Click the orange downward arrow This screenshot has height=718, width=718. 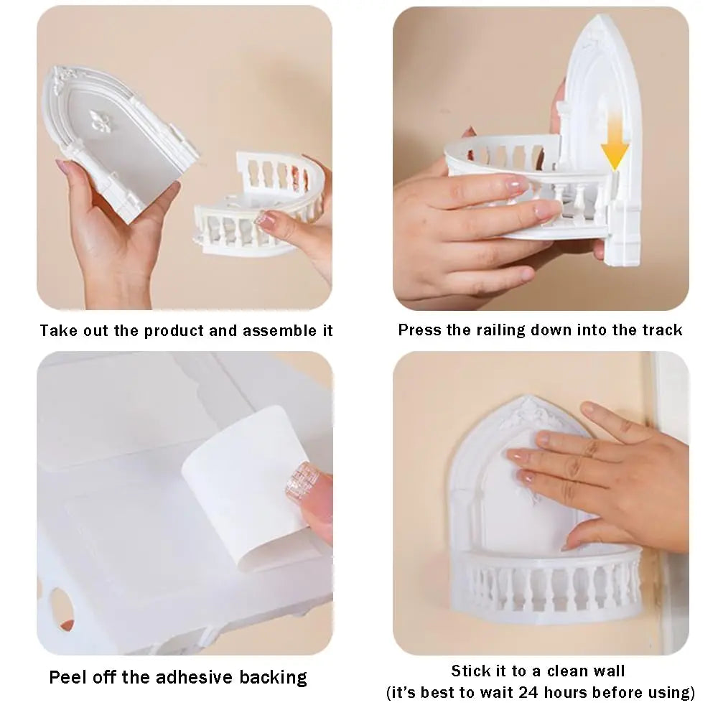615,144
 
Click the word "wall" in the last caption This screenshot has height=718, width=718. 610,671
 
